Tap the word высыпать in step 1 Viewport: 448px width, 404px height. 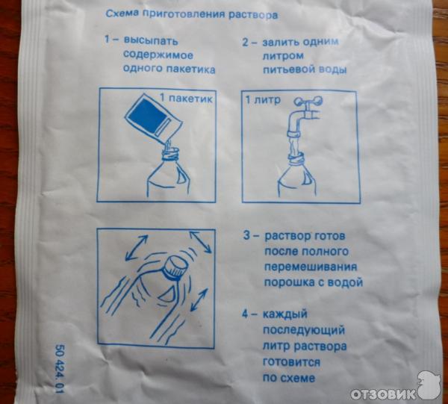[x=151, y=41]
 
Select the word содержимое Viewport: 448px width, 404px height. [x=158, y=55]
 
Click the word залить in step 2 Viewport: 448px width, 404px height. [x=281, y=43]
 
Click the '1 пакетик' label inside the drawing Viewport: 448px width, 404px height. [x=186, y=99]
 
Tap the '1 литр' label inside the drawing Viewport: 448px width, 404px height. [x=263, y=100]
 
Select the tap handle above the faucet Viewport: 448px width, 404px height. [x=308, y=101]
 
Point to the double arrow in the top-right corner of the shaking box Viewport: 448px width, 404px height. [x=201, y=242]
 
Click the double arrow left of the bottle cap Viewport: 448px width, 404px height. [x=137, y=247]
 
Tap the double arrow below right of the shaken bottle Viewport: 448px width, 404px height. [x=199, y=299]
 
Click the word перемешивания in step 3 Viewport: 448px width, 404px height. [x=311, y=267]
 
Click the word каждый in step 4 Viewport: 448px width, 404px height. [x=285, y=314]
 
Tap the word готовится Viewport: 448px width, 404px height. [x=291, y=362]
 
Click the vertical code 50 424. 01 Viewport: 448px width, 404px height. [x=60, y=369]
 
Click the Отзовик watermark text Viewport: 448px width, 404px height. [x=383, y=394]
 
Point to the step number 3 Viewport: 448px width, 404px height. [x=246, y=236]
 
